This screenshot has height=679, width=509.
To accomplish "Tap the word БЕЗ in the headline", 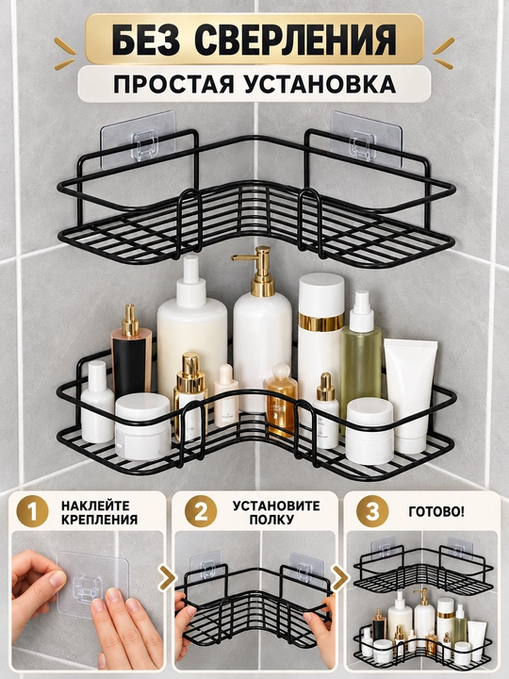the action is click(x=146, y=40).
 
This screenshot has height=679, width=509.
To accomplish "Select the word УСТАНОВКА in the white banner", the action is click(x=320, y=84).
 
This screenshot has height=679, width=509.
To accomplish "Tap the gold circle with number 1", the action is click(x=32, y=511).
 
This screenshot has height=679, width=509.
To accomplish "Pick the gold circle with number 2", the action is click(x=201, y=511).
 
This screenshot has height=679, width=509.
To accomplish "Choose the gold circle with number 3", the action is click(x=372, y=511).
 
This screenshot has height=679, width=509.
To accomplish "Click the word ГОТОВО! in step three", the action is click(x=436, y=511).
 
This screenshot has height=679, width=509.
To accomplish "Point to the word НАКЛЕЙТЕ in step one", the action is click(x=95, y=505).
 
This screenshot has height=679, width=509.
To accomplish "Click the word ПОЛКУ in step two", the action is click(x=275, y=520).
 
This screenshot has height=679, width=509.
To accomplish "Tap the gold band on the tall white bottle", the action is click(x=320, y=321).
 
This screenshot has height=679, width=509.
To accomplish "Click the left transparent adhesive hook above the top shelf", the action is click(x=139, y=140).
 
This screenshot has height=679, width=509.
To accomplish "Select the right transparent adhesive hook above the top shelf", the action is click(x=367, y=140).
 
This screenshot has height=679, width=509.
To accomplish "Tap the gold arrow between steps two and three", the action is click(x=341, y=577).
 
